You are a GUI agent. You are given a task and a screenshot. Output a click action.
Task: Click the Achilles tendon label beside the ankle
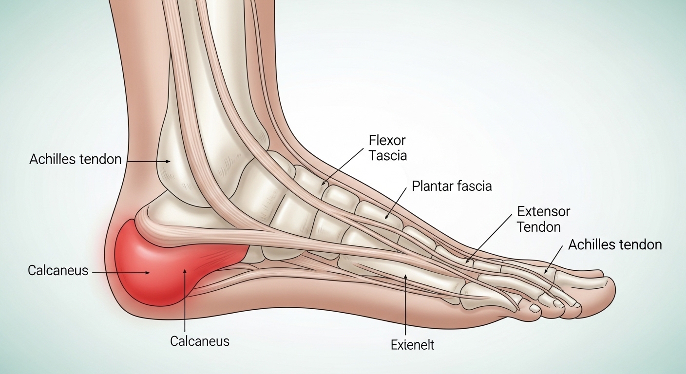coord(76,159)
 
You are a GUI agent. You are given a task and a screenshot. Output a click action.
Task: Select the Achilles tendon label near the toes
coord(615,245)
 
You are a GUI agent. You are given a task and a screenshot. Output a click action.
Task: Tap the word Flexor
coord(387,140)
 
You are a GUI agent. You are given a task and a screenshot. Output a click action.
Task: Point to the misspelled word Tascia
coord(388,155)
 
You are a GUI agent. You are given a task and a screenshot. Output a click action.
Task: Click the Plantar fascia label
coord(452,186)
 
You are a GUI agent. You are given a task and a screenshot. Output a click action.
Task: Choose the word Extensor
coord(544,211)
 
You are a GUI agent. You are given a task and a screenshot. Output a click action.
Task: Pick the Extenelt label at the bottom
coord(413,345)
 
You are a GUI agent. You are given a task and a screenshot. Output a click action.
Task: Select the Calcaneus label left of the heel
coord(58,271)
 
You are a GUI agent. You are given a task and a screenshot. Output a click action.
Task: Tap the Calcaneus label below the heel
coord(200,341)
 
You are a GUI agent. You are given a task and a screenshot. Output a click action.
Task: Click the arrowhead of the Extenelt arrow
coord(405,277)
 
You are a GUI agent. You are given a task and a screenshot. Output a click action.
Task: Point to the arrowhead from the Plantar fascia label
coord(386,217)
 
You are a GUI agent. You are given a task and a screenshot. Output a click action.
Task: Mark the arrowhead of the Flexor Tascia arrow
coord(324,183)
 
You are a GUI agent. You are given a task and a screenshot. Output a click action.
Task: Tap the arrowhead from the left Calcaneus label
coord(147,272)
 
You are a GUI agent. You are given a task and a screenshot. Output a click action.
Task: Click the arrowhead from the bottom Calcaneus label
coord(185,271)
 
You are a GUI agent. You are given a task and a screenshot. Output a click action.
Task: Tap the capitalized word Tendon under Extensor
coord(539,227)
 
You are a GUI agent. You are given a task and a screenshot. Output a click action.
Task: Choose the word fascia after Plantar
coord(473,186)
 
